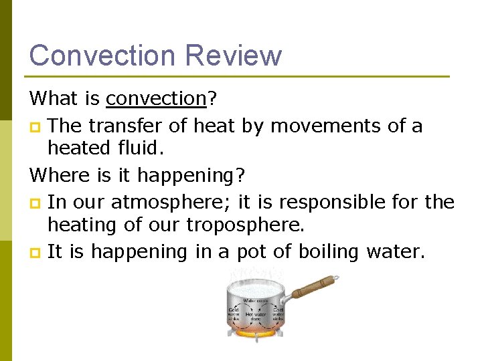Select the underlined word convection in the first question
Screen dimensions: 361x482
click(155, 99)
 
